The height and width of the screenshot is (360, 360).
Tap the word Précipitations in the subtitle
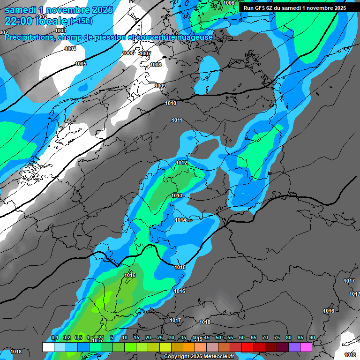[28, 37]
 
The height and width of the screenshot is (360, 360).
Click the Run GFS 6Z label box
[295, 8]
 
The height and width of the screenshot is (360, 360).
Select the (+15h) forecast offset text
[81, 21]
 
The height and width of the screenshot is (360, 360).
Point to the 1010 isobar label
[171, 103]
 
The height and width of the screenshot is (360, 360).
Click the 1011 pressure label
[177, 120]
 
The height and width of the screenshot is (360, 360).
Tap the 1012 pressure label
[182, 163]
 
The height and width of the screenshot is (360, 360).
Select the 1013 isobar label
[177, 195]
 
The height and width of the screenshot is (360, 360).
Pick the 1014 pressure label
[180, 220]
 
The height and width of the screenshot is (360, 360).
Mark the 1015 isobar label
[180, 267]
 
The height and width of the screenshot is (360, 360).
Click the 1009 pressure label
[160, 86]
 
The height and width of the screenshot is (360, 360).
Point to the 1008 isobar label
[156, 65]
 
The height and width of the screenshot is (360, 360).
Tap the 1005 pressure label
[81, 64]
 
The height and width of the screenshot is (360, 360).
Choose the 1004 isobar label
[70, 49]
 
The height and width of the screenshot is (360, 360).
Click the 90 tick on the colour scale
[312, 338]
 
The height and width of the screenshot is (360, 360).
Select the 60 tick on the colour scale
[242, 338]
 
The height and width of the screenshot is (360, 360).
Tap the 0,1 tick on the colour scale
[54, 338]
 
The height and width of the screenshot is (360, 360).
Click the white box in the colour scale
[48, 347]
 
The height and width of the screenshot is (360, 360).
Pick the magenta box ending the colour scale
[306, 347]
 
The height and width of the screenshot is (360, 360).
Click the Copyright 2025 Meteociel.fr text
[199, 356]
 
